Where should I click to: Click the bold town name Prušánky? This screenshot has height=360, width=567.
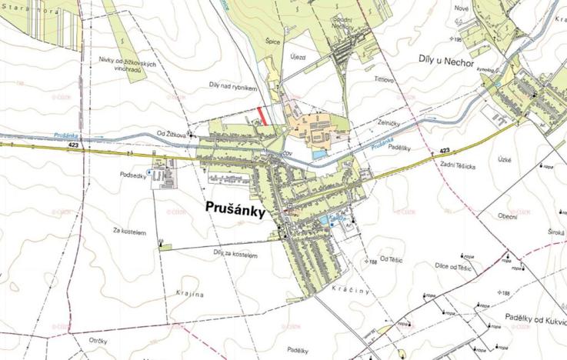click(x=235, y=208)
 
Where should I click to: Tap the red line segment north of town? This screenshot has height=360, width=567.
click(x=263, y=115)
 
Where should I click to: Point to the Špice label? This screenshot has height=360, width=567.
click(x=272, y=44)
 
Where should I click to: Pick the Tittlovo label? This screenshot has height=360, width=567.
click(x=383, y=79)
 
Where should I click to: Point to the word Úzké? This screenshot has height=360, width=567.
click(x=504, y=159)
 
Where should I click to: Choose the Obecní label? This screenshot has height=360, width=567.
click(x=507, y=216)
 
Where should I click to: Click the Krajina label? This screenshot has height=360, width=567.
click(x=188, y=295)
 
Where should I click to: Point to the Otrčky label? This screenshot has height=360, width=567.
click(x=97, y=340)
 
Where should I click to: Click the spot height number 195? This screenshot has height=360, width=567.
click(x=460, y=39)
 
